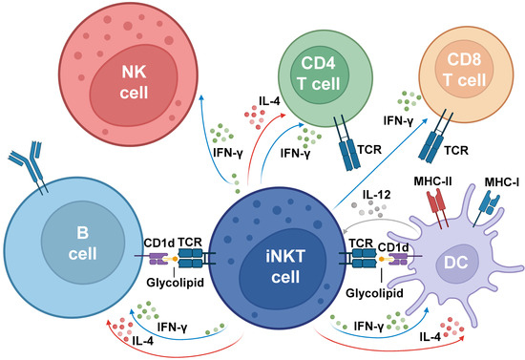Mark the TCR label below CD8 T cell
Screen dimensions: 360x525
coord(460,151)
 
